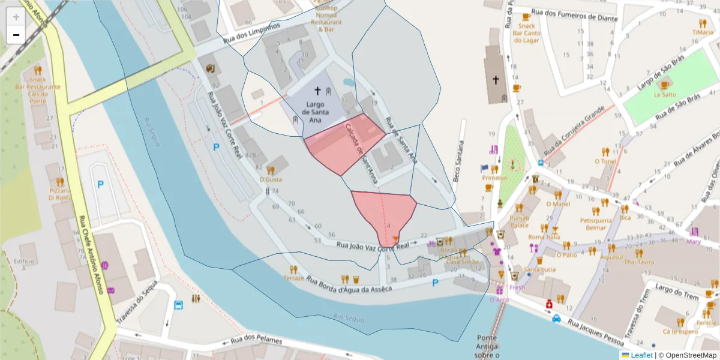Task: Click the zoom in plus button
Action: (16, 16)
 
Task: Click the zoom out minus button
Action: (16, 35)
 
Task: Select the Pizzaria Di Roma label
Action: (60, 194)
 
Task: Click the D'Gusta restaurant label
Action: (271, 179)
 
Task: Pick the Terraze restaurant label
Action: (294, 278)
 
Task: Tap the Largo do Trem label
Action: (674, 289)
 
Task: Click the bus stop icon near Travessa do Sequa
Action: (178, 305)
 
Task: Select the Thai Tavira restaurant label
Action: (638, 262)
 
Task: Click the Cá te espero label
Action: (680, 331)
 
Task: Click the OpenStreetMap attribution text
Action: (687, 355)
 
